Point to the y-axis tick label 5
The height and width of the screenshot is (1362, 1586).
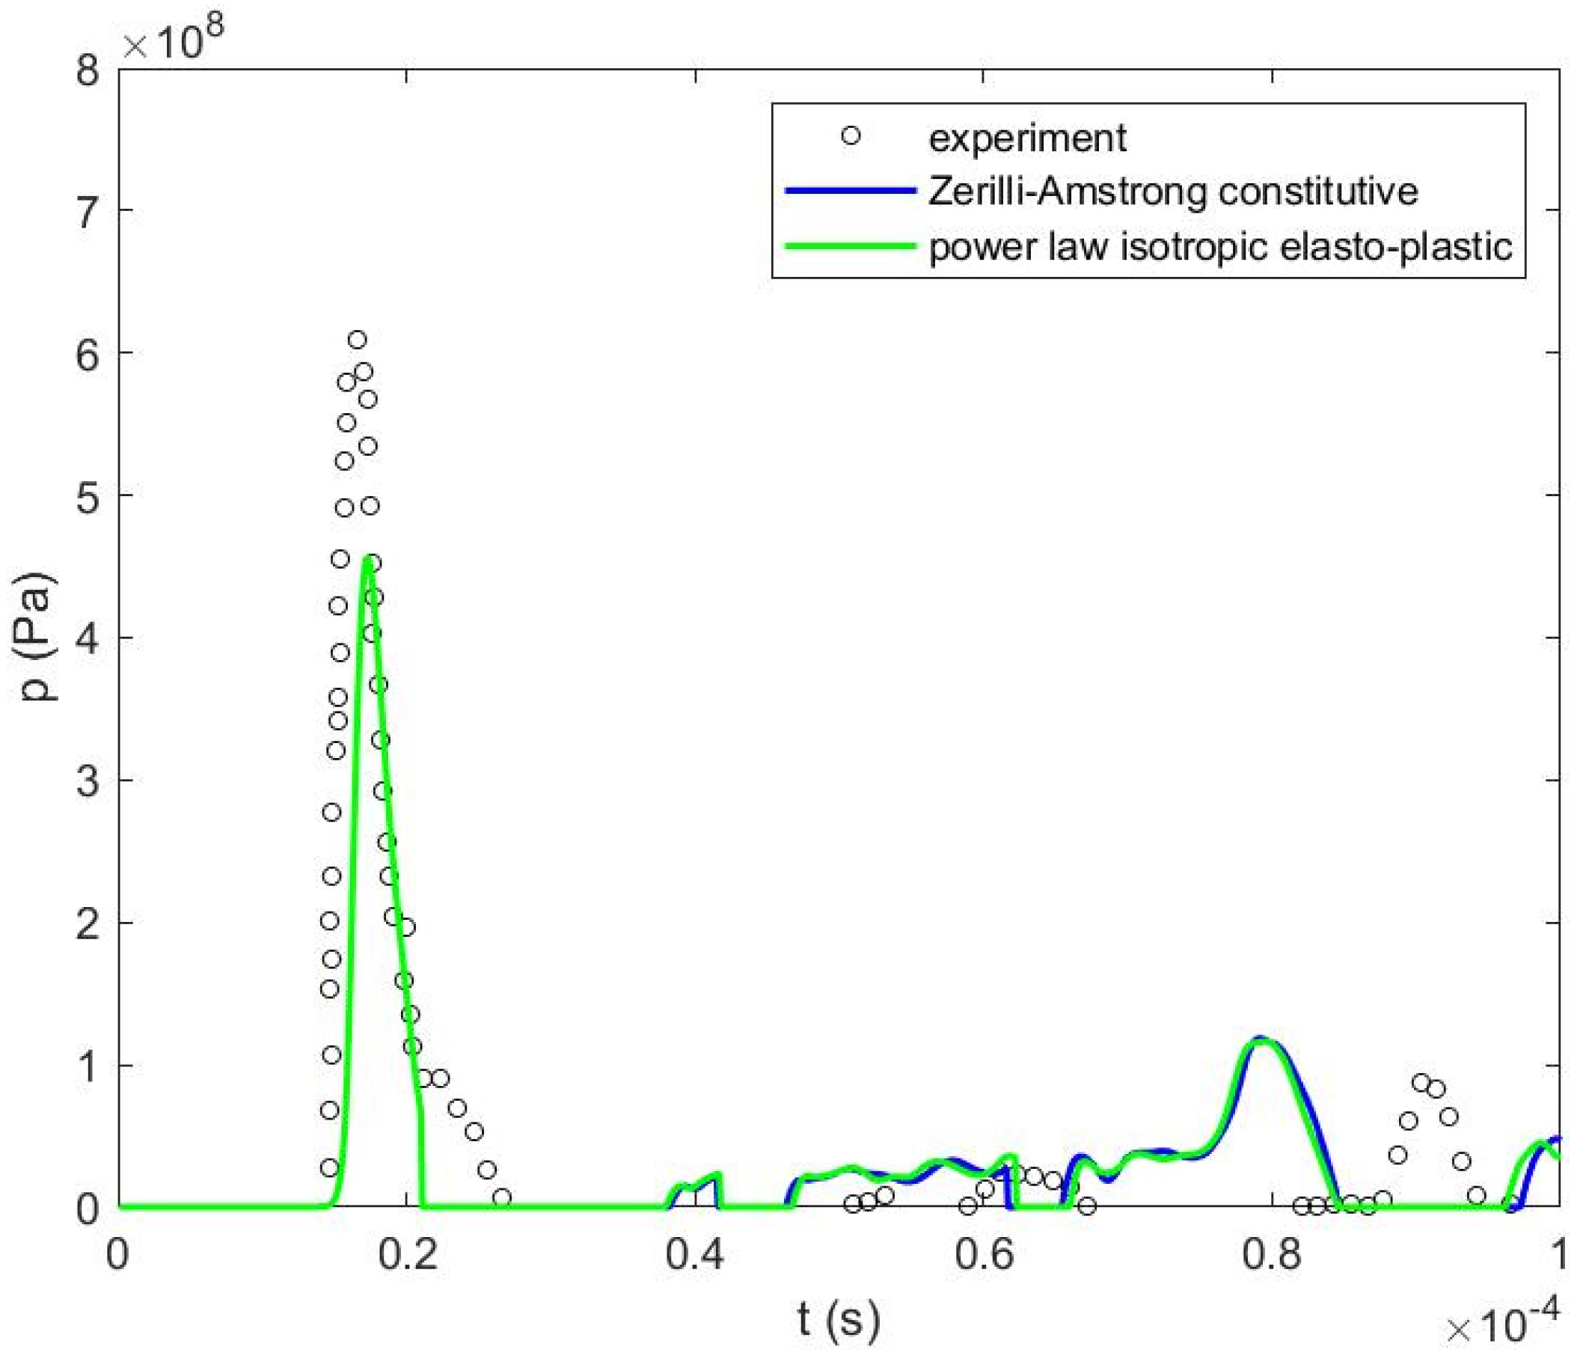pyautogui.click(x=89, y=495)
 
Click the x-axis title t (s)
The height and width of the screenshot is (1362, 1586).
pyautogui.click(x=839, y=1319)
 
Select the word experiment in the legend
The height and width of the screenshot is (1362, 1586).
pyautogui.click(x=1027, y=138)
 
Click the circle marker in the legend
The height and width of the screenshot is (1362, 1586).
pyautogui.click(x=851, y=136)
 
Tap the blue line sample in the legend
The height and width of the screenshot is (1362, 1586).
pyautogui.click(x=851, y=191)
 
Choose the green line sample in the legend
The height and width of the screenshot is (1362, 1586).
pyautogui.click(x=851, y=245)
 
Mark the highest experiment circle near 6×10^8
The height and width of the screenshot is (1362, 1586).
pyautogui.click(x=358, y=340)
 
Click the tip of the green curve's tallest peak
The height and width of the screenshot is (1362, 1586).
pyautogui.click(x=367, y=559)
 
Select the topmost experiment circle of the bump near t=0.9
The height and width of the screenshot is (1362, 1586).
pyautogui.click(x=1421, y=1083)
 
